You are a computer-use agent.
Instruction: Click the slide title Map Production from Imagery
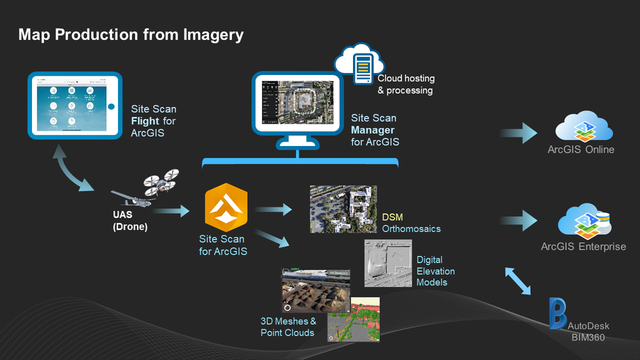[x=131, y=34]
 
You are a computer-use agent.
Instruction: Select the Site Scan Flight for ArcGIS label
[x=154, y=121]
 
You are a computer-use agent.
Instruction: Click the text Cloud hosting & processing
[x=406, y=84]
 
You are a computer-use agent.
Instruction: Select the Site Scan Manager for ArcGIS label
[x=375, y=130]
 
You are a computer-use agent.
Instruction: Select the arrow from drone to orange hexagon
[x=172, y=210]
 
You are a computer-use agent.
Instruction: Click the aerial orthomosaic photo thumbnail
[x=343, y=209]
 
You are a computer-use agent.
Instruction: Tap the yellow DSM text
[x=392, y=217]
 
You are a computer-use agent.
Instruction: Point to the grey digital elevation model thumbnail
[x=388, y=262]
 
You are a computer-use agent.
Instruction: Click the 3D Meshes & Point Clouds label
[x=288, y=327]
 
